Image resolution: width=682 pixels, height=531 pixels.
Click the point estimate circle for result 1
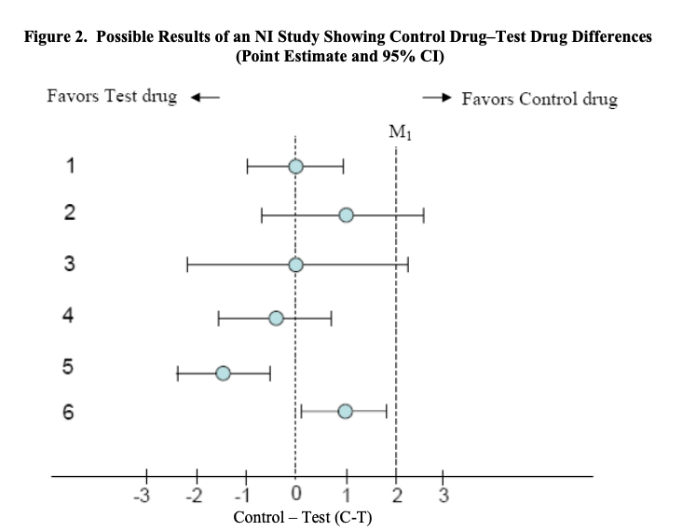[x=295, y=167]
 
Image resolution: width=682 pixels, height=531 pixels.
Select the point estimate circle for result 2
[x=346, y=215]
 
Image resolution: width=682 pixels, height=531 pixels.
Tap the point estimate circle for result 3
[x=295, y=265]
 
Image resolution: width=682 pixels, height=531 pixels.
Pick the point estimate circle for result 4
[x=276, y=319]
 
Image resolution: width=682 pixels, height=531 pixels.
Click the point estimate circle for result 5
[x=224, y=373]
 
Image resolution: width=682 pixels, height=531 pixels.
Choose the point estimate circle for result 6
[x=345, y=411]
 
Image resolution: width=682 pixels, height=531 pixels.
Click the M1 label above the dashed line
[x=397, y=130]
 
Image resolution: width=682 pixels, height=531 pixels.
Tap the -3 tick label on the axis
[x=143, y=493]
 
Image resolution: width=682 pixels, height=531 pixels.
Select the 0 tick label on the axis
[x=296, y=493]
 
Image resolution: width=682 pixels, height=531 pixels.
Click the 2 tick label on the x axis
[x=396, y=493]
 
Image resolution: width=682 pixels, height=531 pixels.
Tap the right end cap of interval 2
[x=424, y=215]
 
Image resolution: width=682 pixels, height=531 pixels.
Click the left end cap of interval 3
[x=187, y=265]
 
